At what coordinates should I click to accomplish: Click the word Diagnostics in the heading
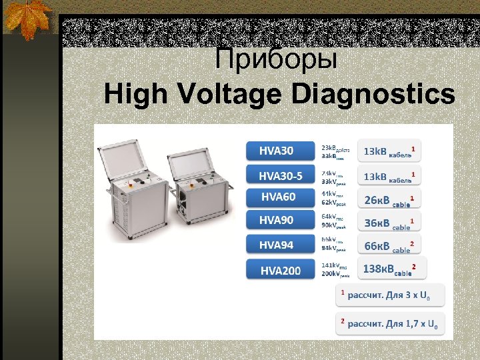[x=373, y=95]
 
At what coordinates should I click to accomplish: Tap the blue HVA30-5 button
[x=281, y=175]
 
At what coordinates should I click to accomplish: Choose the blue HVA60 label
[x=281, y=197]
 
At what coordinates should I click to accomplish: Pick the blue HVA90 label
[x=281, y=219]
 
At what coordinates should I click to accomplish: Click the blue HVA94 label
[x=281, y=245]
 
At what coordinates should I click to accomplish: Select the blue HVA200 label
[x=281, y=270]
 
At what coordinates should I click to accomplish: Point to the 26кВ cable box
[x=390, y=199]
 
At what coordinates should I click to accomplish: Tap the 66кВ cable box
[x=390, y=246]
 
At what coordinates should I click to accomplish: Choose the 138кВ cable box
[x=391, y=269]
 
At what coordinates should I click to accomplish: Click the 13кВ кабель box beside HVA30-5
[x=390, y=176]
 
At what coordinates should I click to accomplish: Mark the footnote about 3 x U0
[x=387, y=295]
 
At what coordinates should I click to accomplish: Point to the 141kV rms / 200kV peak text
[x=335, y=269]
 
